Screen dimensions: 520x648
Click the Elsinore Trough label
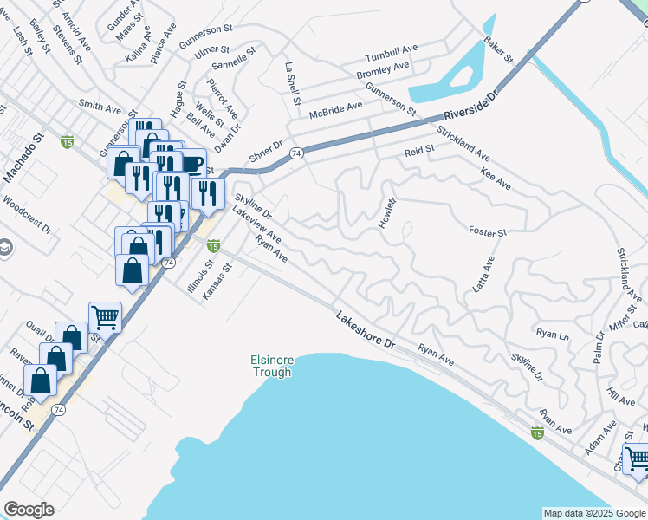(271, 366)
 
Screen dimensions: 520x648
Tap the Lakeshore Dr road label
(366, 330)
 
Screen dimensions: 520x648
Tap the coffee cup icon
(191, 164)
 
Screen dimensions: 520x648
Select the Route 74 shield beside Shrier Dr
(296, 153)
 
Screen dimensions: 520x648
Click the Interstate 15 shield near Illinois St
(212, 247)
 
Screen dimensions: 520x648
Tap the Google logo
(29, 510)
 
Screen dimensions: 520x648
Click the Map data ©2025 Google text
(593, 513)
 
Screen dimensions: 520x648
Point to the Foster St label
(487, 231)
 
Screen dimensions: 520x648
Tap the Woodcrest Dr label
(27, 214)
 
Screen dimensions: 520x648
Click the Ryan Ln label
(553, 334)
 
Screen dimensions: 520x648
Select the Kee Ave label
(495, 179)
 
